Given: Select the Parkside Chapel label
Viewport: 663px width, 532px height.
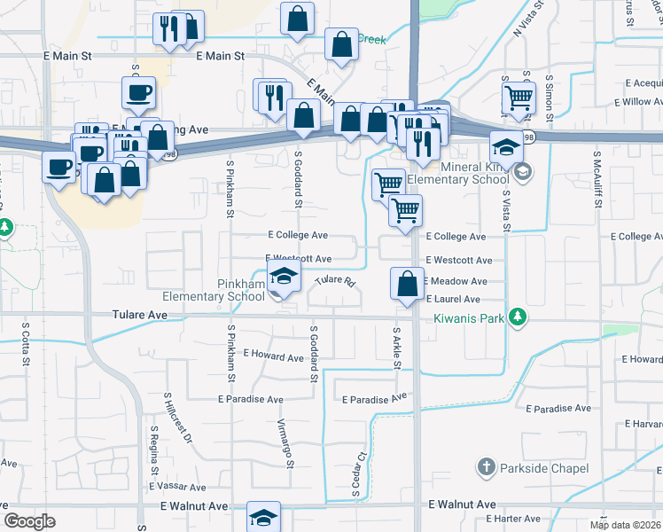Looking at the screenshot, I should (x=544, y=467).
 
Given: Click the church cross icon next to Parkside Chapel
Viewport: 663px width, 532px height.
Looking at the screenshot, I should (x=485, y=466).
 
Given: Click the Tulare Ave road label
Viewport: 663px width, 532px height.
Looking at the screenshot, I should (x=140, y=314).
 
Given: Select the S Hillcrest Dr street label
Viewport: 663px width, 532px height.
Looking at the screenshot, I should (x=176, y=419).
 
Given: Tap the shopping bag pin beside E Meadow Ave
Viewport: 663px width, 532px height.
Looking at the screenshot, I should (x=407, y=286).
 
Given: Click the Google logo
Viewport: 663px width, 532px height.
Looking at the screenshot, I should (x=29, y=521).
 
